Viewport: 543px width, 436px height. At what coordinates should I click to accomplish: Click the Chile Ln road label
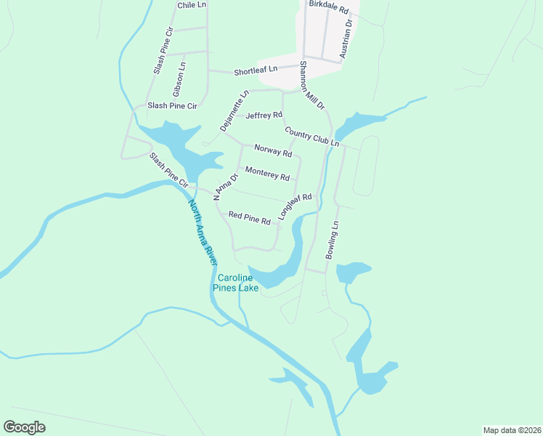pyautogui.click(x=192, y=4)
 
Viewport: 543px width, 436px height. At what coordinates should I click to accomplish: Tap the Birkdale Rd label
pyautogui.click(x=329, y=7)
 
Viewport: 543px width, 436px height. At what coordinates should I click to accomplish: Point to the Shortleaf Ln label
pyautogui.click(x=256, y=70)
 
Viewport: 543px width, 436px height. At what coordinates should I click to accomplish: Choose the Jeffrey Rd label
pyautogui.click(x=264, y=116)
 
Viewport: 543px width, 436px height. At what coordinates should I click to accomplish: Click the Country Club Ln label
pyautogui.click(x=312, y=137)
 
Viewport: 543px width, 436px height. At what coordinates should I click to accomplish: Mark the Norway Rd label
pyautogui.click(x=273, y=150)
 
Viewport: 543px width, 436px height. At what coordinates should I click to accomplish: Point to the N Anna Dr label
pyautogui.click(x=226, y=187)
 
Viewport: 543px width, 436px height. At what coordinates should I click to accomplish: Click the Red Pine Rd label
pyautogui.click(x=249, y=217)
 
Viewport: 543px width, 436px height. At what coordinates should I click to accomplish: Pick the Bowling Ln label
pyautogui.click(x=332, y=241)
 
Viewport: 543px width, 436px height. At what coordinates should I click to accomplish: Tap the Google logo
pyautogui.click(x=25, y=427)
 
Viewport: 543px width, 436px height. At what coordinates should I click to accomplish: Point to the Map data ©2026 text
pyautogui.click(x=512, y=429)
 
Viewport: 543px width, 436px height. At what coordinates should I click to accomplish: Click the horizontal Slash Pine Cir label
pyautogui.click(x=172, y=106)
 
